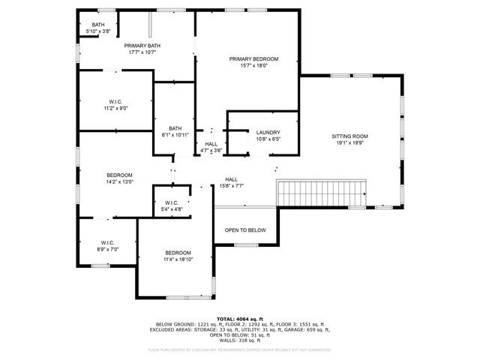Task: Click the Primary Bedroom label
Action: coord(253,59)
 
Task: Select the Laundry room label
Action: coord(267,132)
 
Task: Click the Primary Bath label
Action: coord(142,46)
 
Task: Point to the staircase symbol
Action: coord(321,193)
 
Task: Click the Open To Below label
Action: coord(245,230)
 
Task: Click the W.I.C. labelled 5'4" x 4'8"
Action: coord(171,202)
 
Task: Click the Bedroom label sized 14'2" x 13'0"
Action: coord(118,175)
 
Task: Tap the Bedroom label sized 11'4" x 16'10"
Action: coord(178,253)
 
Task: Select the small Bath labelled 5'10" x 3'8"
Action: coord(98,25)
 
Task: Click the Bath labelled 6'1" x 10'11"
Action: coord(175,128)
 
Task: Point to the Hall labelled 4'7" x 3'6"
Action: coord(211,143)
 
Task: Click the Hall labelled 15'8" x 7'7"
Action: coord(231,179)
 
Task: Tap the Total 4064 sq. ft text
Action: coord(240,319)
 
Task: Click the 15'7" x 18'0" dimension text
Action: coord(253,66)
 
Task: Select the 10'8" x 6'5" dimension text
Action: coord(267,139)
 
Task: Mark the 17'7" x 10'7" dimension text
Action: coord(142,52)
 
